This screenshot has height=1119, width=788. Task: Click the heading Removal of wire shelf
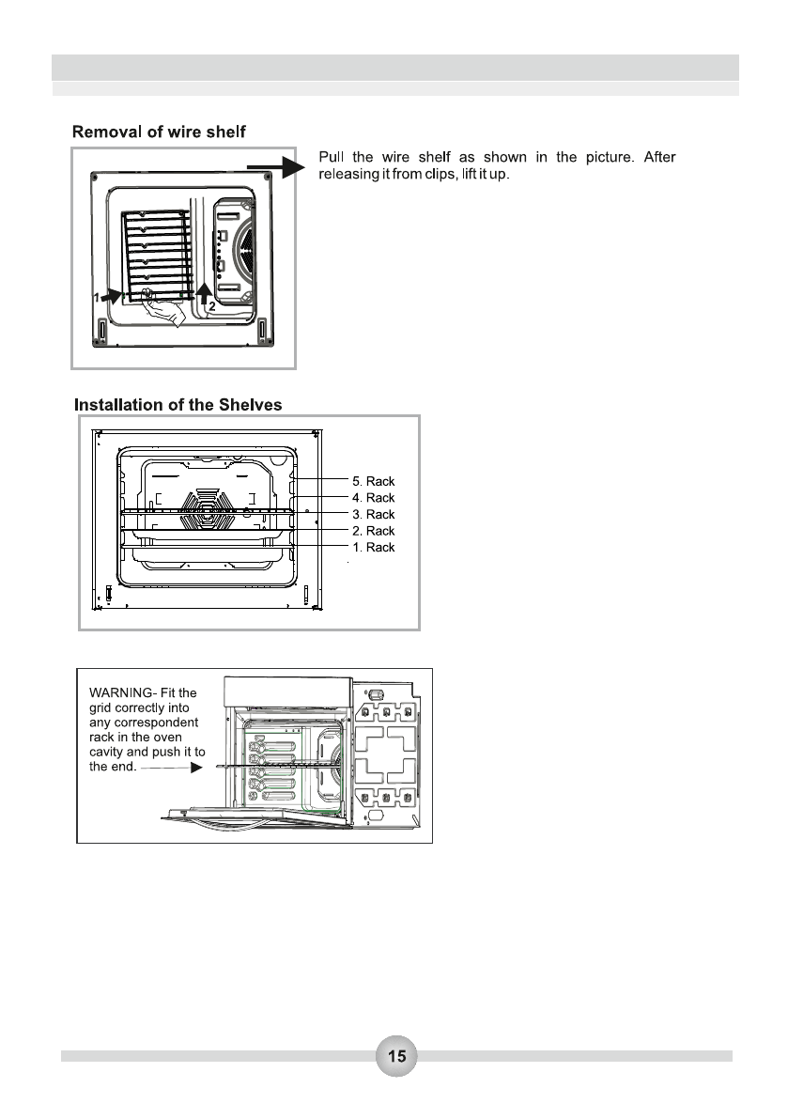[x=160, y=132]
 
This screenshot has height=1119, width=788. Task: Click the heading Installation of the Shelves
[x=178, y=405]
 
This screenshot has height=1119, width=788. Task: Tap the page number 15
[x=397, y=1056]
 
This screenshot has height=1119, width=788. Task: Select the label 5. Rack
[x=373, y=481]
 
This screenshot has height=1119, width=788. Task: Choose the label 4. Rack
[x=373, y=498]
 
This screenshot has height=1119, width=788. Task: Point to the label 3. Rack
[x=373, y=515]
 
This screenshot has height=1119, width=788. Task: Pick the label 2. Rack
[x=373, y=532]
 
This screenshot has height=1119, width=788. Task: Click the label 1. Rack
[x=373, y=548]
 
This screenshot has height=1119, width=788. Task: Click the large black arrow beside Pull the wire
[x=279, y=167]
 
